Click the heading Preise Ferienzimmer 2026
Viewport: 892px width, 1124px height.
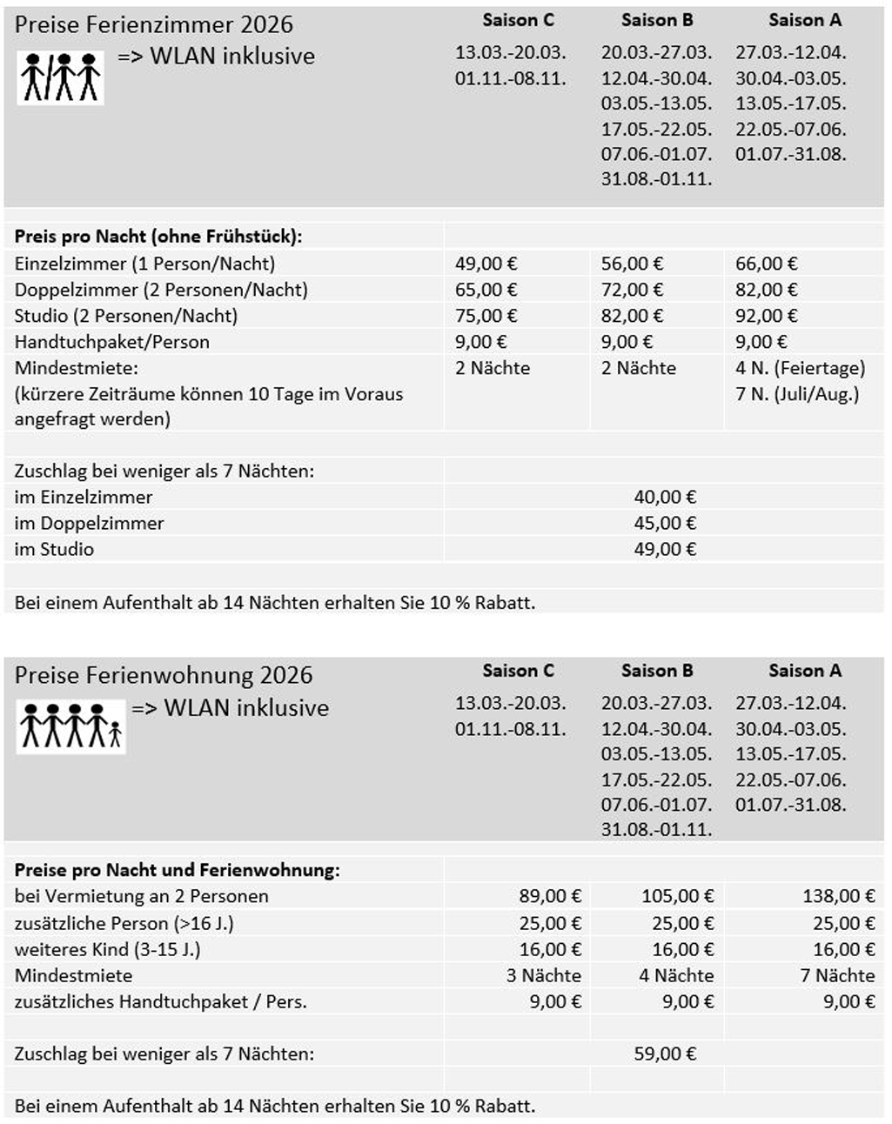click(x=154, y=24)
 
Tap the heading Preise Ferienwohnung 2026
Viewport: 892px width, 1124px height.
click(x=164, y=675)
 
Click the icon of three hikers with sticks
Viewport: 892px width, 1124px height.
click(x=60, y=77)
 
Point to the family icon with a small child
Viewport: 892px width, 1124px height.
click(x=71, y=726)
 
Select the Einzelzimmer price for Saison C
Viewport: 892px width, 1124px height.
click(x=486, y=264)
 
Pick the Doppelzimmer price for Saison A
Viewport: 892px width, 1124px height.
click(x=766, y=290)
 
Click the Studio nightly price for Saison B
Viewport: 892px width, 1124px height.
click(x=632, y=316)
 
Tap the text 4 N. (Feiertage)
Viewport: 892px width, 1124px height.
click(x=800, y=368)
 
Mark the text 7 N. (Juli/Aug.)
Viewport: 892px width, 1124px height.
click(x=796, y=394)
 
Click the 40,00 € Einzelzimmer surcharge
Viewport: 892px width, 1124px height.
click(x=665, y=497)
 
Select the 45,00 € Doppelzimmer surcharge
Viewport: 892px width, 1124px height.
click(x=665, y=523)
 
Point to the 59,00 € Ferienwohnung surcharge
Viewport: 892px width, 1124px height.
click(x=665, y=1054)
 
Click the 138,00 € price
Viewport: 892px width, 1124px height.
click(x=838, y=896)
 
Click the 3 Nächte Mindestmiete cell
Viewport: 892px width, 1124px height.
click(x=543, y=975)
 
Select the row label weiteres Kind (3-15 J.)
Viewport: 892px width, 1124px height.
click(x=107, y=949)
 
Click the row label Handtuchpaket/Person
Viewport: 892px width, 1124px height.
click(x=111, y=342)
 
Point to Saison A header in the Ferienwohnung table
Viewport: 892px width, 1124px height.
click(x=804, y=671)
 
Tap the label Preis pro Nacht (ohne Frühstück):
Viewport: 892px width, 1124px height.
click(x=158, y=236)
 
